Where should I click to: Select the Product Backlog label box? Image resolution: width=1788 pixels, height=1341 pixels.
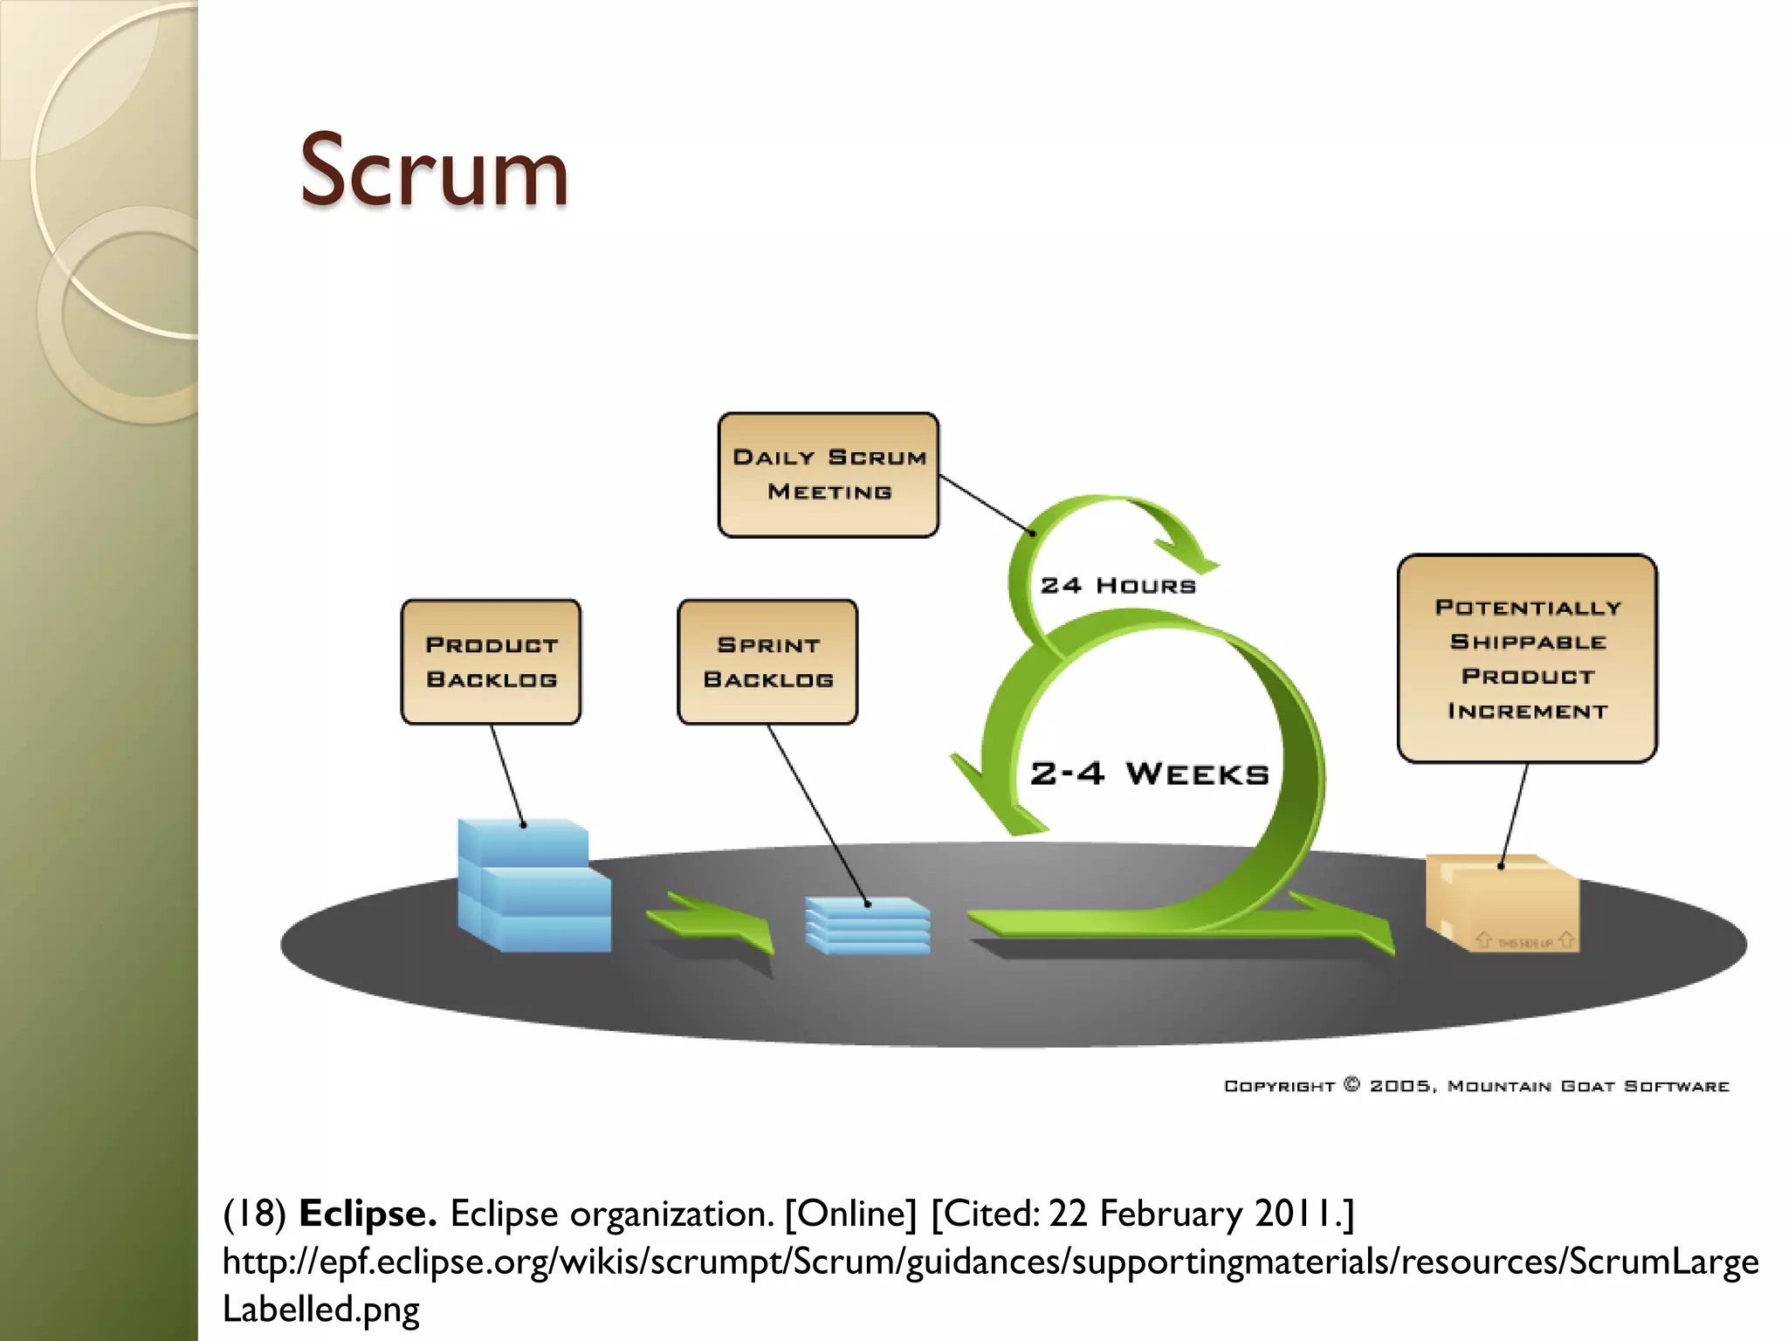[x=491, y=662]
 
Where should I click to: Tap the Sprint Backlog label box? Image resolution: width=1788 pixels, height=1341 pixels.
[x=767, y=662]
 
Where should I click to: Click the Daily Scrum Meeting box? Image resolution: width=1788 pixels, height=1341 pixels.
[x=829, y=475]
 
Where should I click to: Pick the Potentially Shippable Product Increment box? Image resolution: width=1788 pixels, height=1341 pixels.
[x=1527, y=658]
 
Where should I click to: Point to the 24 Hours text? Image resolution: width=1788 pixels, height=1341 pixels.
[x=1117, y=586]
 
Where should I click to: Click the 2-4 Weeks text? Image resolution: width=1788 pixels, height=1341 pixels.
[x=1149, y=774]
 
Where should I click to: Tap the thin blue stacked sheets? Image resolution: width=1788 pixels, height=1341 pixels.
[x=867, y=925]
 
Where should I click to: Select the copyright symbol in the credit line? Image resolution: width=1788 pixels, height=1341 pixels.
[x=1351, y=1084]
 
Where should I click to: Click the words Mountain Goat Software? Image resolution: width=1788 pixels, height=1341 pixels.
[x=1588, y=1086]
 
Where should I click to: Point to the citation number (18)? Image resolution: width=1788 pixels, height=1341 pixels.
[x=254, y=1214]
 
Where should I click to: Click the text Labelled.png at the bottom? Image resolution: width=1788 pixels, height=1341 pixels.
[x=320, y=1309]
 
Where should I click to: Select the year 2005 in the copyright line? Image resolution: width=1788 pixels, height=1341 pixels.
[x=1400, y=1086]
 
